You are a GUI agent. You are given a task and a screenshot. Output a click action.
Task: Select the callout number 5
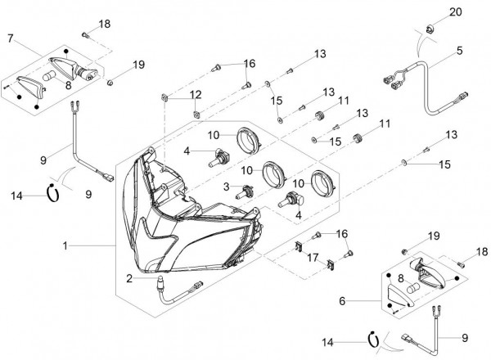pos(459,50)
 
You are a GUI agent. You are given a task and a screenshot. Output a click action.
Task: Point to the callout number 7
pos(11,38)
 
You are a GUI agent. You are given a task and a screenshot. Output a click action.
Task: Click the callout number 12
pos(195,96)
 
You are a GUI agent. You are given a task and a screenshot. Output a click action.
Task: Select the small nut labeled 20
pos(428,31)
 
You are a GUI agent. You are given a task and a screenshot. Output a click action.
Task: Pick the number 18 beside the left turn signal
pos(103,25)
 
